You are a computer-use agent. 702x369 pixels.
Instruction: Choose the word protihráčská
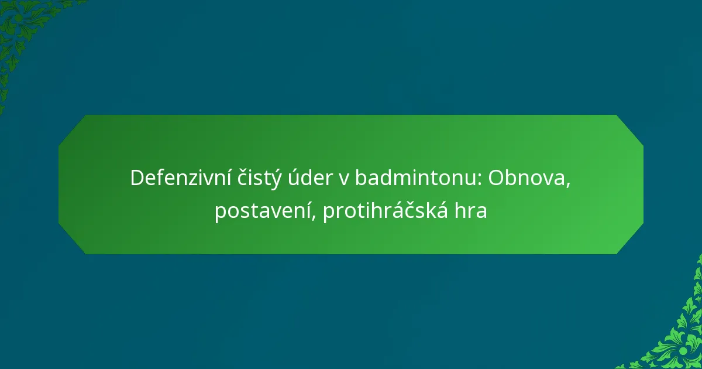point(386,211)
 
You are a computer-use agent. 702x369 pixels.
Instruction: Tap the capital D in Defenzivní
point(136,178)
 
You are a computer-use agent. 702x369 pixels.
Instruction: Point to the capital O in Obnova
point(496,178)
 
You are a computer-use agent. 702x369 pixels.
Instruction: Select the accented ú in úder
point(290,178)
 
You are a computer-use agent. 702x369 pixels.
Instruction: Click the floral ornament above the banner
point(23,29)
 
